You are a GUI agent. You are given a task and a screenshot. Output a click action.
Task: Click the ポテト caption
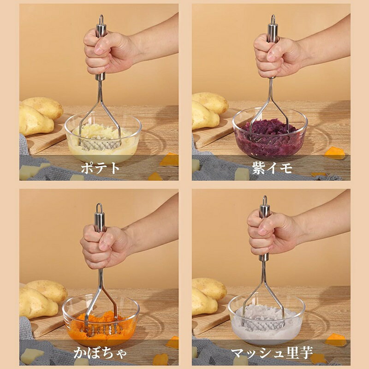(x=101, y=168)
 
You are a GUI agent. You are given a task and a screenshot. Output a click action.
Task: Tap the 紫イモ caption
(x=272, y=168)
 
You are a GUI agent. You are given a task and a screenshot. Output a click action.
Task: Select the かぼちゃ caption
(x=100, y=352)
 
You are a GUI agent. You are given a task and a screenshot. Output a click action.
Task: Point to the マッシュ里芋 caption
(x=272, y=352)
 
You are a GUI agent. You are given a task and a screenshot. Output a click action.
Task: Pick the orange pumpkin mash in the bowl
(x=101, y=326)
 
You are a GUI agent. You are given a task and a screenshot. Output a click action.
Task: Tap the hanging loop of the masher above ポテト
(x=101, y=19)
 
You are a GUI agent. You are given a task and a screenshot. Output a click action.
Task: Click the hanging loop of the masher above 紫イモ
(x=273, y=19)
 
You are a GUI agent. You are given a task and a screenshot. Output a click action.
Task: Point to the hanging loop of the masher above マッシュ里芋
(x=265, y=200)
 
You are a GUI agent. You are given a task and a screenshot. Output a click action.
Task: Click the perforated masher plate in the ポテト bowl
(x=100, y=145)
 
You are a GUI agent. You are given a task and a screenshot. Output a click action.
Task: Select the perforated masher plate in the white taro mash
(x=263, y=326)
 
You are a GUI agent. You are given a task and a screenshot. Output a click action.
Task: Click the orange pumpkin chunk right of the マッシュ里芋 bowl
(x=335, y=340)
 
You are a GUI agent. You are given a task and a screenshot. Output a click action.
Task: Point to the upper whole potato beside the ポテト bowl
(x=42, y=107)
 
